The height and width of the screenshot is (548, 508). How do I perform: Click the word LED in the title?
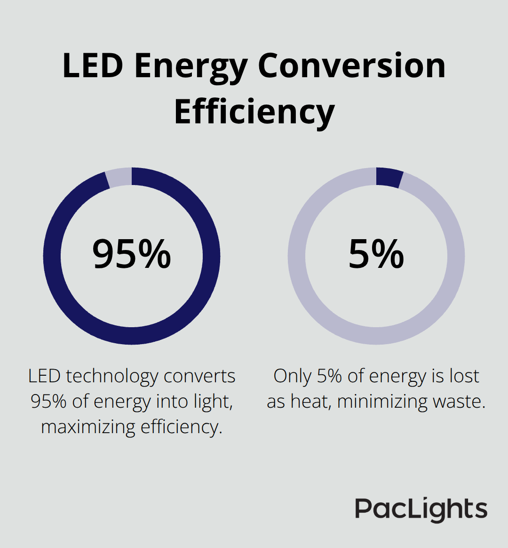(x=93, y=66)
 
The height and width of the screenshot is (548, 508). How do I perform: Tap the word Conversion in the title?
(x=351, y=66)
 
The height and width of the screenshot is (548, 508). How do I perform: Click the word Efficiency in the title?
(x=254, y=113)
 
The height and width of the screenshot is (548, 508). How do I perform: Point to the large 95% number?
(x=131, y=254)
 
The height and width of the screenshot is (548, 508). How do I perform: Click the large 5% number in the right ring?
(x=376, y=254)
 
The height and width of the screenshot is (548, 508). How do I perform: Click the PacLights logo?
(x=421, y=509)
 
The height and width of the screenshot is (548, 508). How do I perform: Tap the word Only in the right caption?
(x=292, y=377)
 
